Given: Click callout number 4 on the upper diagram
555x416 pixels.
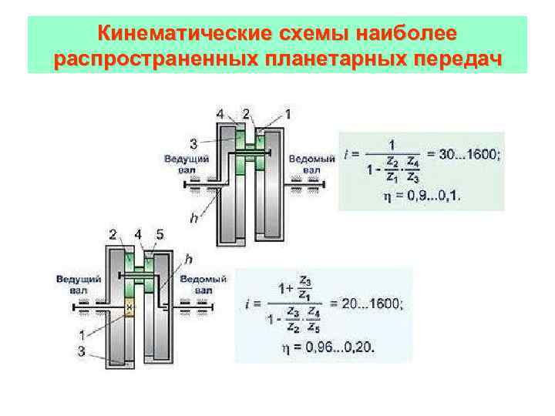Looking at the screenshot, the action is tap(221, 114).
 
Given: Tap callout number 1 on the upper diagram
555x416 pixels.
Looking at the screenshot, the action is tap(288, 114).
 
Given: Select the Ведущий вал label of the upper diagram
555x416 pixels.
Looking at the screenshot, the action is tap(182, 163).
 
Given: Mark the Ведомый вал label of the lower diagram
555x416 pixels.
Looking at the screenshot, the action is tap(203, 283).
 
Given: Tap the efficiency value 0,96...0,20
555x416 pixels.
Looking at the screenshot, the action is tap(337, 347).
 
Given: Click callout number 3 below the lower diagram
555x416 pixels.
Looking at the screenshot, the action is tap(82, 351).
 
